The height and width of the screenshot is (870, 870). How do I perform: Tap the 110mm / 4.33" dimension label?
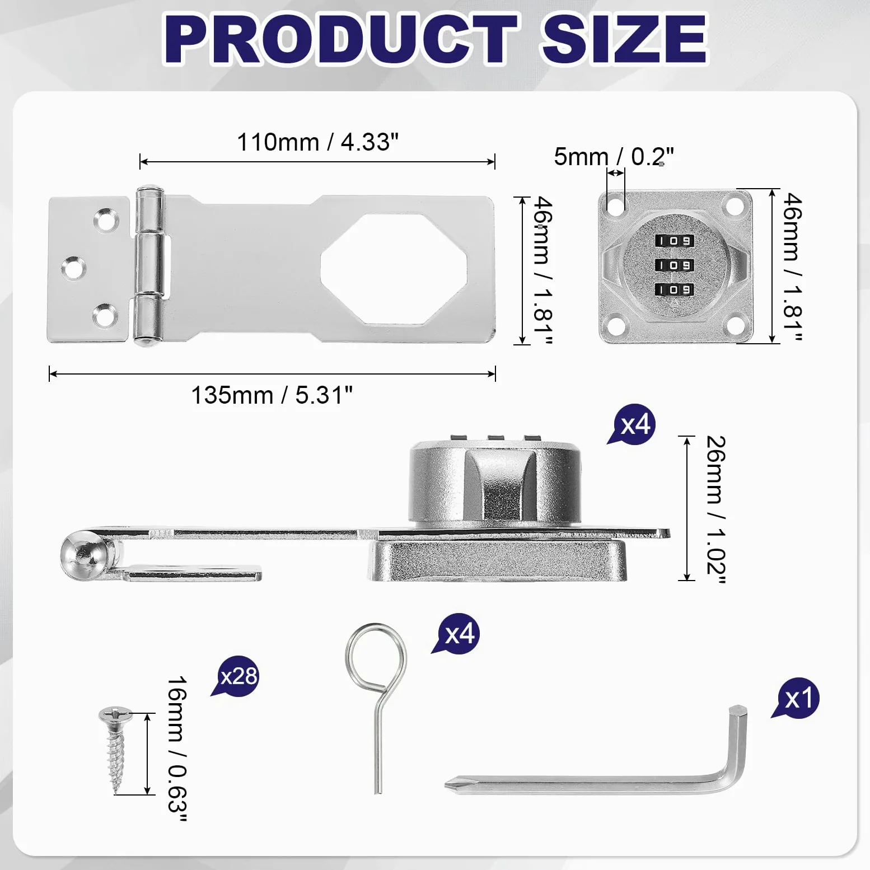tap(317, 142)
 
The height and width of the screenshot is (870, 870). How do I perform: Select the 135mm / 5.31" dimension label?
tap(272, 395)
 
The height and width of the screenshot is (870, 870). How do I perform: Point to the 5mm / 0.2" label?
tap(614, 156)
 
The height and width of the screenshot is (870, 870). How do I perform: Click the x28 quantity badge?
tap(237, 676)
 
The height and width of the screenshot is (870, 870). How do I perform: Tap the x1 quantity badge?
tap(798, 698)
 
